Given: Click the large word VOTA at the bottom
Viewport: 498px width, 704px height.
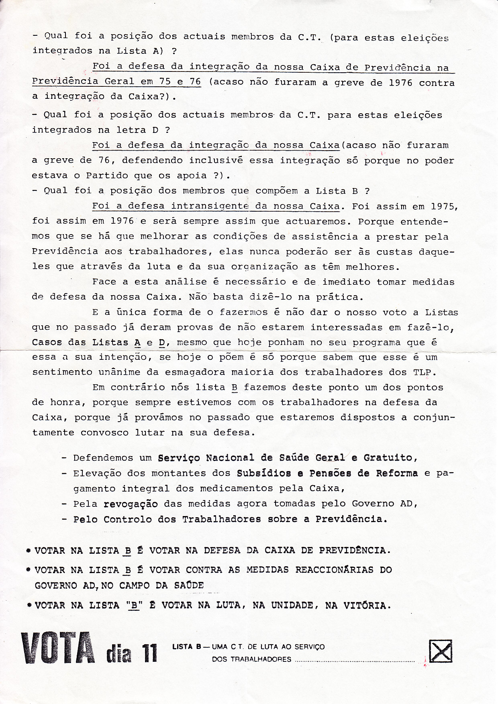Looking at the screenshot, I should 58,648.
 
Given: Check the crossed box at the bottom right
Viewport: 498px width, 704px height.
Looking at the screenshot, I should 441,651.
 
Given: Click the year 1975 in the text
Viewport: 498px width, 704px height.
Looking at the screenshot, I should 444,206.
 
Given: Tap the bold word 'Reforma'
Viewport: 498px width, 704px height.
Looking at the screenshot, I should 397,473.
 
